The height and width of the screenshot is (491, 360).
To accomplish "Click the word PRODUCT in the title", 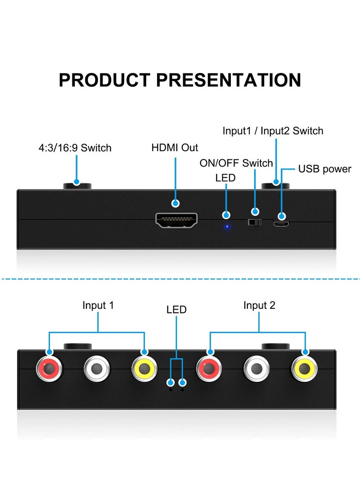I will (104, 80).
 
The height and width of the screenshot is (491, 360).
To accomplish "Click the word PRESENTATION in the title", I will (228, 80).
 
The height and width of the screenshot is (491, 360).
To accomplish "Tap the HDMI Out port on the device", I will (176, 220).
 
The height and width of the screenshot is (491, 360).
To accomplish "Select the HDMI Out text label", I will (175, 147).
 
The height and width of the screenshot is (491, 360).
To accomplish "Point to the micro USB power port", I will (281, 224).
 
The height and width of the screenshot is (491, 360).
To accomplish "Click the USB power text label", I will (324, 169).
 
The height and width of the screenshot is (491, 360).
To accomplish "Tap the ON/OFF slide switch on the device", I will (255, 222).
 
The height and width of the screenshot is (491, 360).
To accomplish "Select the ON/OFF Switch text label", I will (236, 163).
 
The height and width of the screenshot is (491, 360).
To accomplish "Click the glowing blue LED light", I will (227, 227).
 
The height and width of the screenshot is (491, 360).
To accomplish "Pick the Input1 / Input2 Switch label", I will (273, 131).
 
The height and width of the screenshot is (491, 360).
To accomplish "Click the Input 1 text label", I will (98, 305).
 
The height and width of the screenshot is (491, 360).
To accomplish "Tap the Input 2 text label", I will (259, 305).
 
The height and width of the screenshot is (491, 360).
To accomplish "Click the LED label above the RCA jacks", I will (176, 310).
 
